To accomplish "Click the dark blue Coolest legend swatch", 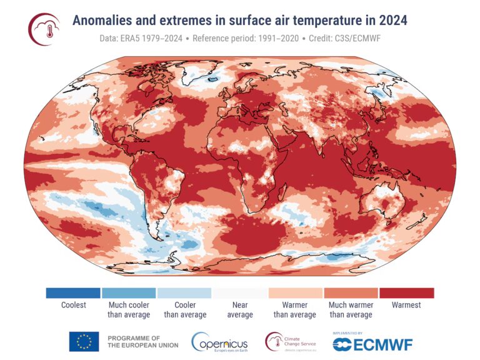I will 73,293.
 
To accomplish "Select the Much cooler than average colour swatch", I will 129,293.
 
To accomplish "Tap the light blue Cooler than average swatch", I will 184,293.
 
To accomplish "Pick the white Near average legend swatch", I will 240,293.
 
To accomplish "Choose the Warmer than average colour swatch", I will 295,293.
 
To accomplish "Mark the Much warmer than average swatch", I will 351,293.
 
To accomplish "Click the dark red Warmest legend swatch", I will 406,293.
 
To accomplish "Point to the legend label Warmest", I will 406,306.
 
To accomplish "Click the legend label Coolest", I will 74,306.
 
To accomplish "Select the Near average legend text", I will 240,310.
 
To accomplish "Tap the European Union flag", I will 84,341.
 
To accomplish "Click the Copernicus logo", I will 219,342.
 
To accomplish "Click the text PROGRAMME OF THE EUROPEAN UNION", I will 142,341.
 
